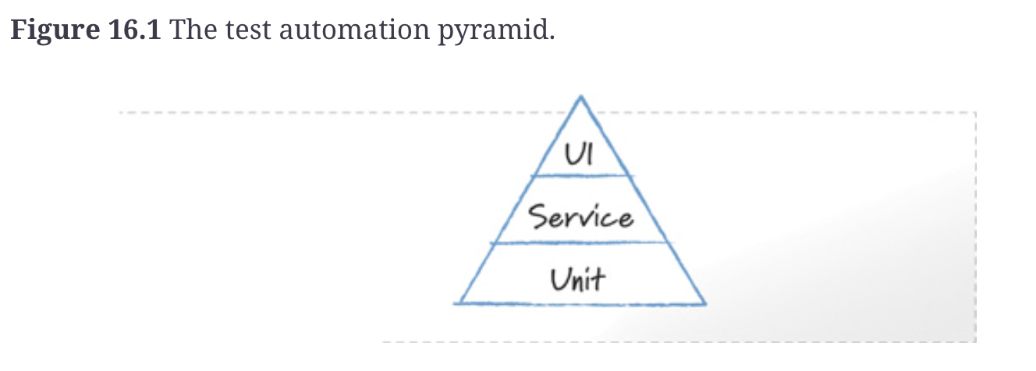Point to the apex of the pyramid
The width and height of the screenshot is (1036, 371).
click(580, 97)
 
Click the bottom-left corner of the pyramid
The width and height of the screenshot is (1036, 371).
click(459, 302)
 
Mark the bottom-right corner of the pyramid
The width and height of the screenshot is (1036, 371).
click(704, 303)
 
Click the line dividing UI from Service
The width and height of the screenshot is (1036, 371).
click(580, 176)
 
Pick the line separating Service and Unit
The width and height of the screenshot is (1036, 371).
click(580, 242)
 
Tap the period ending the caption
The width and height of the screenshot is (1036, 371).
click(552, 37)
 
